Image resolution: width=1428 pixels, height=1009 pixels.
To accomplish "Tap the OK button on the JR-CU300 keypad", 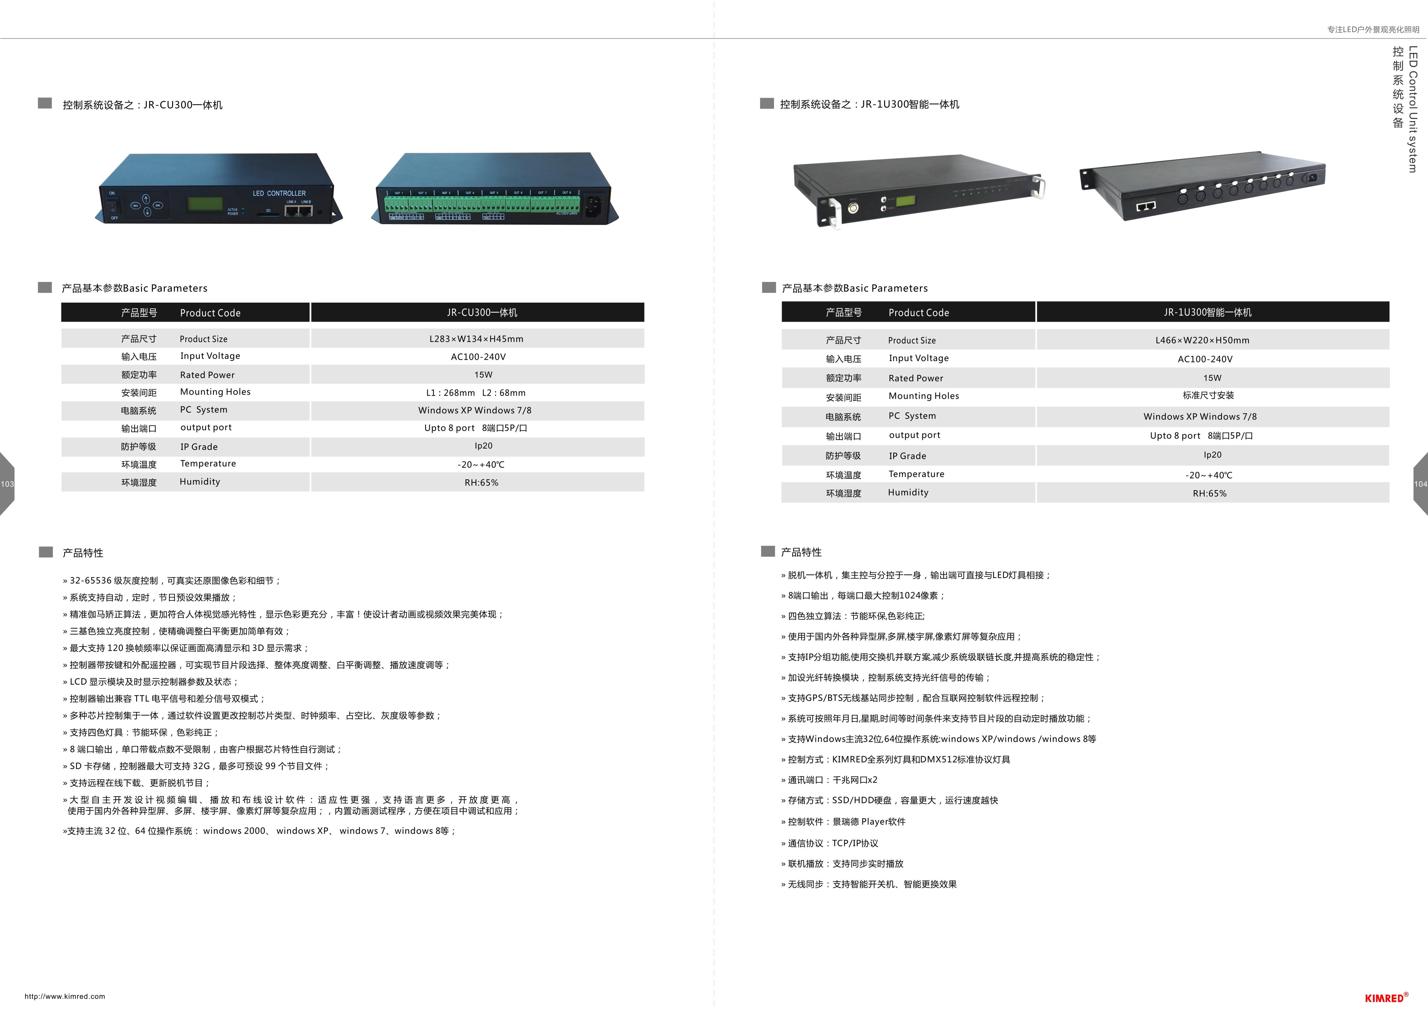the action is tap(158, 205).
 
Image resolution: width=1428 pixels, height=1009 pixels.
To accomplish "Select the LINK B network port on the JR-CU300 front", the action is tap(305, 211).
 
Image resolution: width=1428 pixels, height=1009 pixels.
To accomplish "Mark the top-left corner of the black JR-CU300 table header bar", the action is tap(62, 303).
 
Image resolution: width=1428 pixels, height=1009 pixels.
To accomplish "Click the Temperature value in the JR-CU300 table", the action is tap(481, 464).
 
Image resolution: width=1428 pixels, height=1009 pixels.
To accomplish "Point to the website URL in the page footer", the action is tap(65, 996).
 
